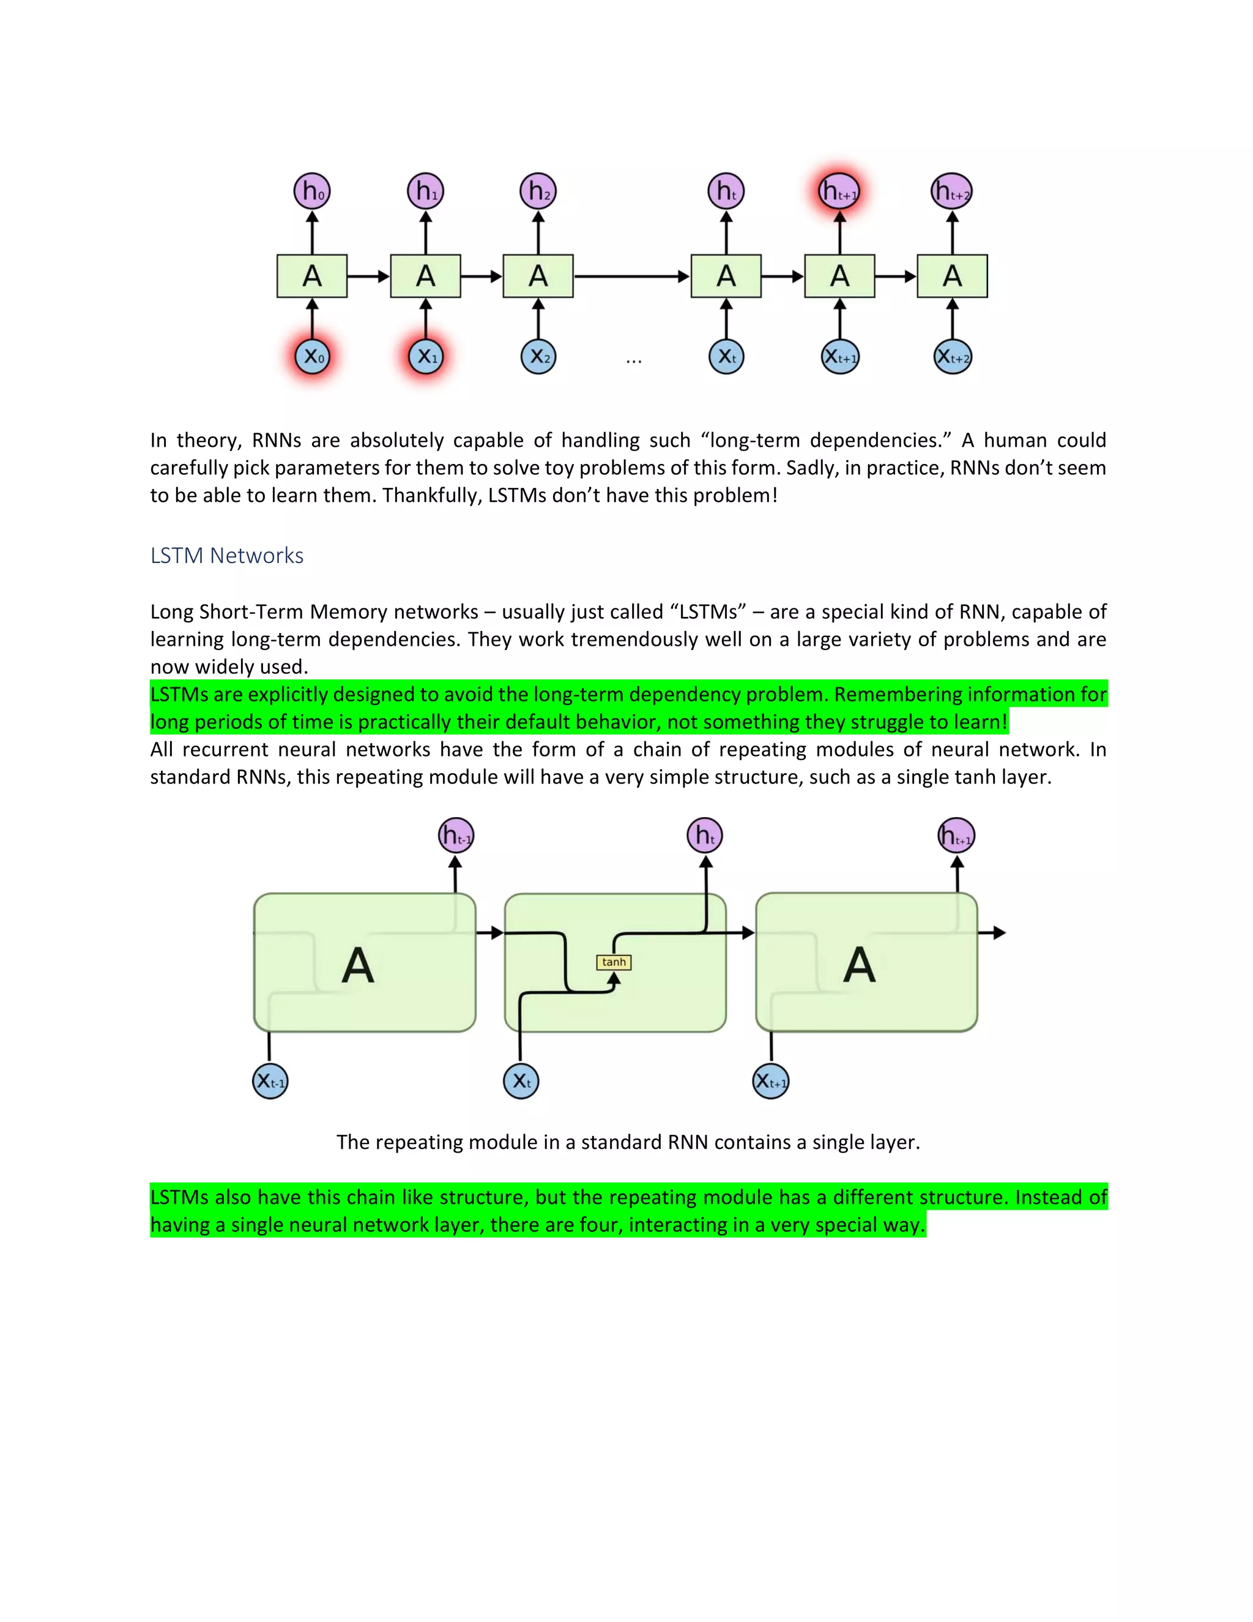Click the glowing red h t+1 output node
click(x=839, y=192)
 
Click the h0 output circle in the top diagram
click(x=313, y=192)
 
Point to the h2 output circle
click(x=538, y=192)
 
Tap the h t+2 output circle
click(x=951, y=192)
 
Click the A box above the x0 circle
click(x=313, y=276)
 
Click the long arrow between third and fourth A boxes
click(x=631, y=276)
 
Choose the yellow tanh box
click(x=614, y=963)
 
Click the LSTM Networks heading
click(x=226, y=556)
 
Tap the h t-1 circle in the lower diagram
click(x=456, y=836)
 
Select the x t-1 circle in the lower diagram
click(x=270, y=1082)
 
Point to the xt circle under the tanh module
click(x=521, y=1082)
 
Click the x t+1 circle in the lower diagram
click(x=772, y=1082)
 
